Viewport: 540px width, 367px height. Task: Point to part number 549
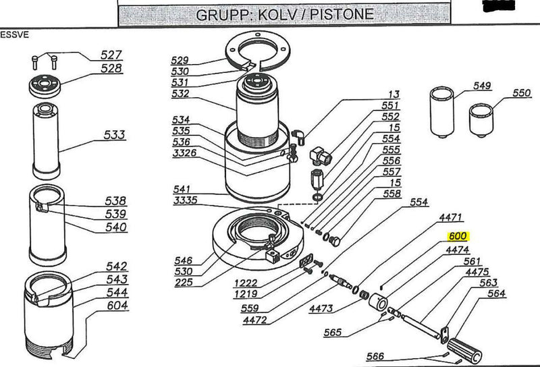pyautogui.click(x=482, y=86)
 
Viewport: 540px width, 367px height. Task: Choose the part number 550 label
pyautogui.click(x=521, y=94)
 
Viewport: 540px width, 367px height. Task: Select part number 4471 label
pyautogui.click(x=450, y=217)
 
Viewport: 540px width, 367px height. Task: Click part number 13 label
pyautogui.click(x=394, y=94)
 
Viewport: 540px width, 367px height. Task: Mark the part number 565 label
pyautogui.click(x=333, y=333)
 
